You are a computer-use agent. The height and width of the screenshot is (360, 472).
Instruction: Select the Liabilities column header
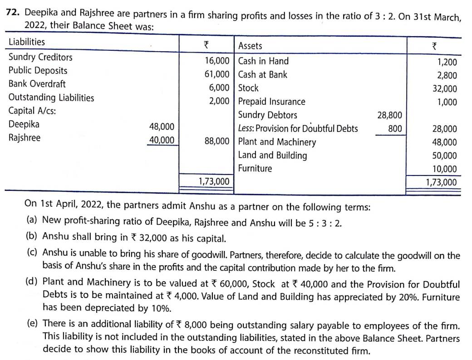27,42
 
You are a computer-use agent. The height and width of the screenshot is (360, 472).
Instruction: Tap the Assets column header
250,45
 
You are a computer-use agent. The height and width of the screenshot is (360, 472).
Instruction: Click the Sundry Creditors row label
40,57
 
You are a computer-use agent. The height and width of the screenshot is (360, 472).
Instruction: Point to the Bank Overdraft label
37,84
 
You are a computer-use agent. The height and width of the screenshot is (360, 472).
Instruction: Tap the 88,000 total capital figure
217,141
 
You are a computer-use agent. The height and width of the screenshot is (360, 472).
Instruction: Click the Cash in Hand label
263,61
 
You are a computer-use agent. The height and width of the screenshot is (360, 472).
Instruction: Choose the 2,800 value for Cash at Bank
447,76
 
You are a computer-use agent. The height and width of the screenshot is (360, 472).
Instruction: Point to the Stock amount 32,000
445,89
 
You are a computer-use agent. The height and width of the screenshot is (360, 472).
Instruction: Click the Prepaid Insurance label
271,102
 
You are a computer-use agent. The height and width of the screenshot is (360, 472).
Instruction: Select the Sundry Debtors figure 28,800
389,115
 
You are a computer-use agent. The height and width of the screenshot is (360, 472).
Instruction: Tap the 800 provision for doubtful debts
395,129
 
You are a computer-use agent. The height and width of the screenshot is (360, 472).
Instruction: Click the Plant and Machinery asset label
277,142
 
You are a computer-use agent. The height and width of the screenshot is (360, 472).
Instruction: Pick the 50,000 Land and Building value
445,156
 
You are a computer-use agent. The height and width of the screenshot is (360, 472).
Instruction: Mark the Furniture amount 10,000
445,169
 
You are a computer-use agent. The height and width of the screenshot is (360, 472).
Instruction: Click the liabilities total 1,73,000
214,181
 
